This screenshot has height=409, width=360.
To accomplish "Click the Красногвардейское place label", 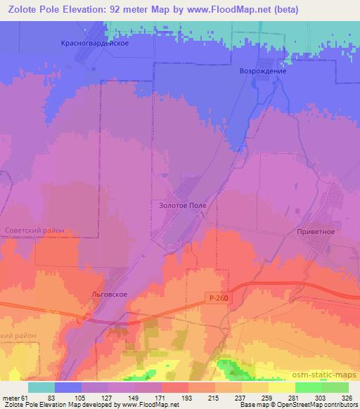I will [x=93, y=43].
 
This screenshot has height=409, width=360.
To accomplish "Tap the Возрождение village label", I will [x=264, y=71].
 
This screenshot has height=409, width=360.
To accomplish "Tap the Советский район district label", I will [x=34, y=231].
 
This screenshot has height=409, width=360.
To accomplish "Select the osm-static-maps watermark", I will [x=326, y=375].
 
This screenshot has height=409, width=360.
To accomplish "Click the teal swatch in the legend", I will [x=41, y=387].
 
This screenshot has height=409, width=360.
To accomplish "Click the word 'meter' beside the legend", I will [x=11, y=397].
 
